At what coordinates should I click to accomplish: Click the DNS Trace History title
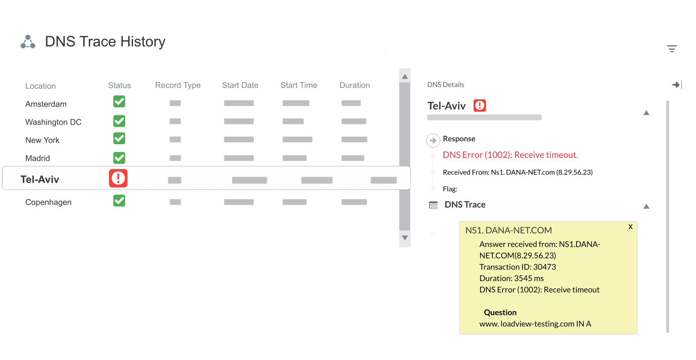coord(105,42)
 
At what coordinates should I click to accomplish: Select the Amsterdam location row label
coord(46,104)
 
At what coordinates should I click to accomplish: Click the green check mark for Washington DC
coord(119,121)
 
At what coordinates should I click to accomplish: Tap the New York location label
coord(42,140)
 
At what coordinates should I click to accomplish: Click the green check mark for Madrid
coord(119,157)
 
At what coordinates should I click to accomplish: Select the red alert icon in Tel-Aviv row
coord(119,178)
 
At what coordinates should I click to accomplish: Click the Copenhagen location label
coord(48,202)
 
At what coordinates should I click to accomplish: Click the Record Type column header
coord(178,85)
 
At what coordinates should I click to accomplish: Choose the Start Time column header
coord(299,85)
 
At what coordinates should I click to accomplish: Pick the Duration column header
coord(355,85)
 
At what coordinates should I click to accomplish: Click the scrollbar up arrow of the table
coord(404,77)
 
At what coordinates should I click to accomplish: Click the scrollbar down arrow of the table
coord(404,237)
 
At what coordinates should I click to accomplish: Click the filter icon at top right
coord(672,48)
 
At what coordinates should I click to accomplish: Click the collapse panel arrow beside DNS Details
coord(677,85)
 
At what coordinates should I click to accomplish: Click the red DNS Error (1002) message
coord(510,155)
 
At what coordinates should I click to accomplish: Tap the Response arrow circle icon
coord(433,140)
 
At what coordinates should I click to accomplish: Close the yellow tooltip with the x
coord(630,227)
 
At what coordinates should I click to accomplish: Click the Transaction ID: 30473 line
coord(517,267)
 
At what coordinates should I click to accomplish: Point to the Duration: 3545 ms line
coord(511,278)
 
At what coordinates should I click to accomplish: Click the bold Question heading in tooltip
coord(500,313)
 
